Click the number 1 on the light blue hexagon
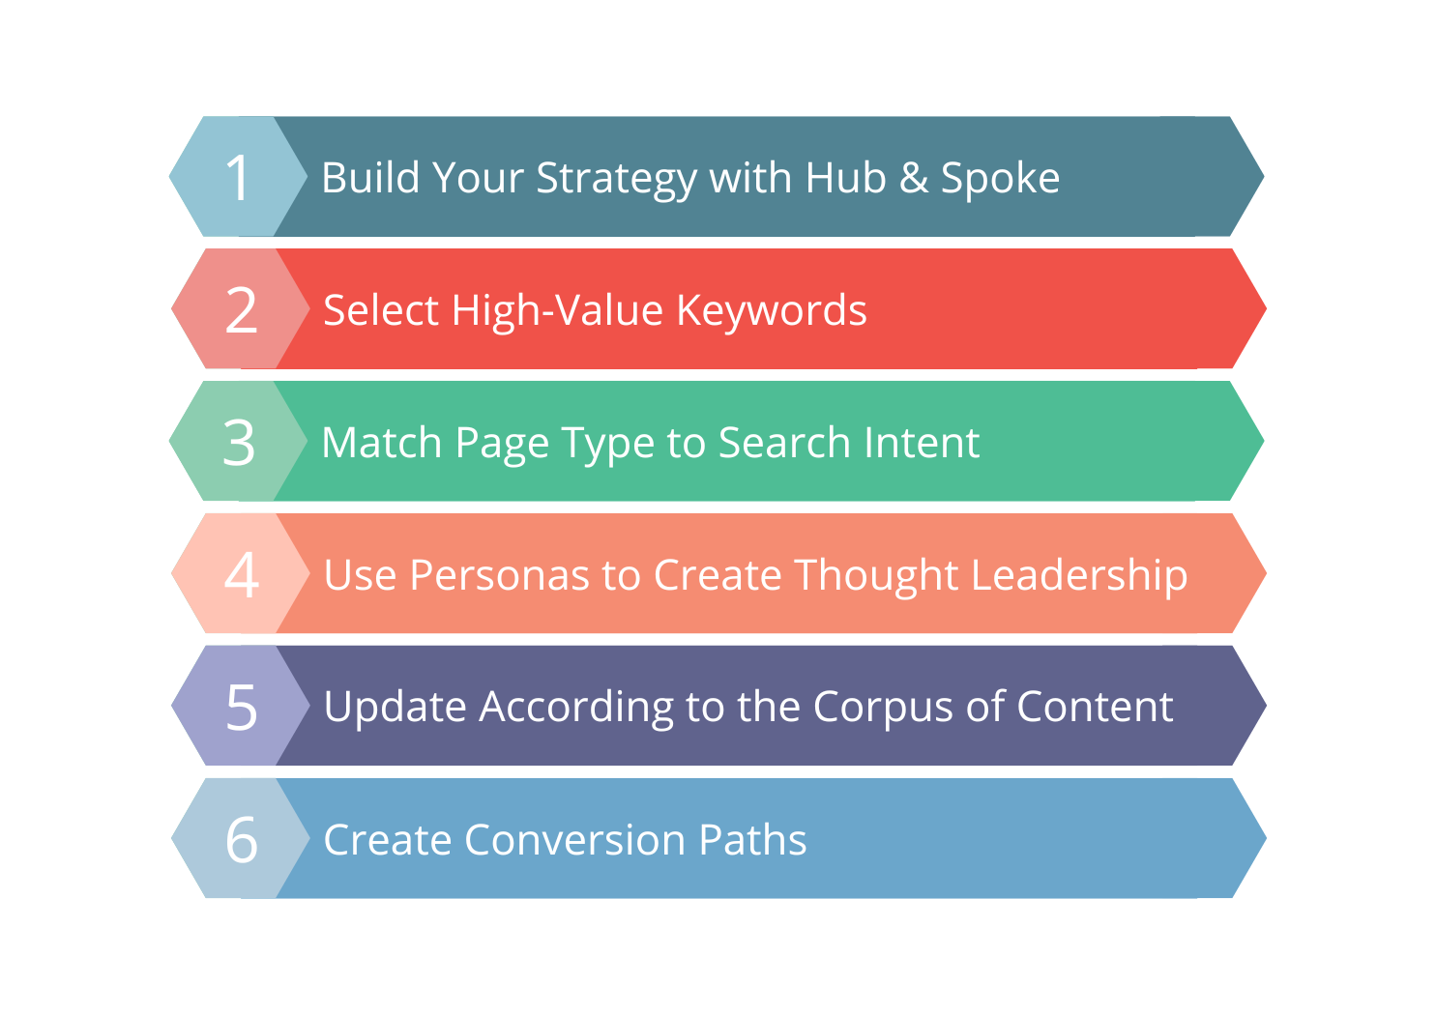click(x=239, y=178)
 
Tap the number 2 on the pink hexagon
click(x=242, y=310)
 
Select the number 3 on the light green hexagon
click(x=239, y=443)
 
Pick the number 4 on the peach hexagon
click(x=242, y=575)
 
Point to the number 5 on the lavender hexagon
click(x=242, y=708)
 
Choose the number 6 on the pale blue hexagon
click(x=242, y=839)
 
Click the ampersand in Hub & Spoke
click(x=913, y=178)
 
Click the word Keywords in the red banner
click(x=771, y=311)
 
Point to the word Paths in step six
click(x=752, y=840)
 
